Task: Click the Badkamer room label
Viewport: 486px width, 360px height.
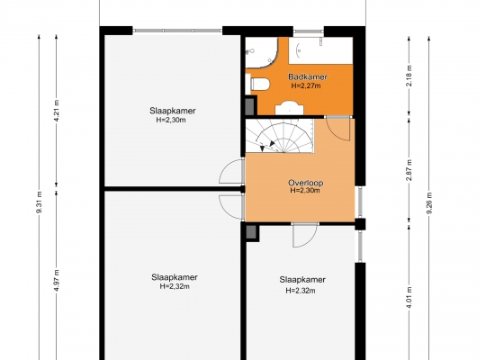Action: pyautogui.click(x=308, y=76)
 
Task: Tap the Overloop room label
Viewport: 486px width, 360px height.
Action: pyautogui.click(x=305, y=183)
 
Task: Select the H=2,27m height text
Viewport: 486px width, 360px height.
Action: pyautogui.click(x=306, y=85)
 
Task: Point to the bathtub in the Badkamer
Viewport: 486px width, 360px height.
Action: pyautogui.click(x=320, y=50)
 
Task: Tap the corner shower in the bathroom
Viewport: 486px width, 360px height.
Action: pyautogui.click(x=261, y=53)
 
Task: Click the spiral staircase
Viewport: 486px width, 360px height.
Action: pyautogui.click(x=280, y=136)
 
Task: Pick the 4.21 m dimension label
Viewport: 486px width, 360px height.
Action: pyautogui.click(x=57, y=111)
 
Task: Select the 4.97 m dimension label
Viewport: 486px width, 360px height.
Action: pyautogui.click(x=57, y=281)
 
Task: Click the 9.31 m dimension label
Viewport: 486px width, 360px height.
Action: pyautogui.click(x=40, y=202)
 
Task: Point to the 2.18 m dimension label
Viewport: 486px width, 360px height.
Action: pyautogui.click(x=409, y=76)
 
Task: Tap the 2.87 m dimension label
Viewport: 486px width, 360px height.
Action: pyautogui.click(x=409, y=170)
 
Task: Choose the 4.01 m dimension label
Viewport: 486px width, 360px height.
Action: pyautogui.click(x=409, y=298)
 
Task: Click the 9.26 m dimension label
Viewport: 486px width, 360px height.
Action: pyautogui.click(x=429, y=203)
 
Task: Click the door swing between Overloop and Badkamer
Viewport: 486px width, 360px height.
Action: pyautogui.click(x=338, y=130)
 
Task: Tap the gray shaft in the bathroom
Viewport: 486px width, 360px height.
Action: pyautogui.click(x=250, y=106)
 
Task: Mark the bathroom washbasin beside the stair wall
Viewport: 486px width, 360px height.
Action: pyautogui.click(x=290, y=108)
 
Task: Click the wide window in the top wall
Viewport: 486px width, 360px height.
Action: pyautogui.click(x=177, y=31)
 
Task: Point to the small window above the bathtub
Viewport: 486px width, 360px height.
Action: pyautogui.click(x=309, y=31)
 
